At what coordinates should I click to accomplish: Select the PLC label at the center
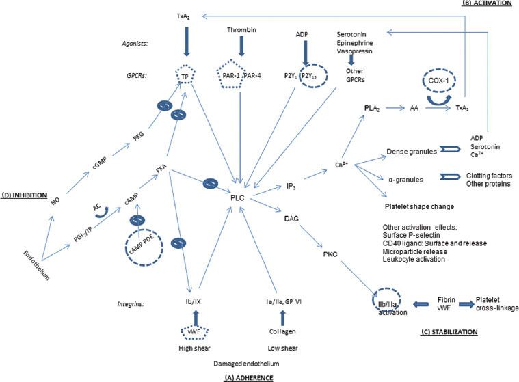[x=237, y=197]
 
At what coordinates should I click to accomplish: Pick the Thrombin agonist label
[x=241, y=31]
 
